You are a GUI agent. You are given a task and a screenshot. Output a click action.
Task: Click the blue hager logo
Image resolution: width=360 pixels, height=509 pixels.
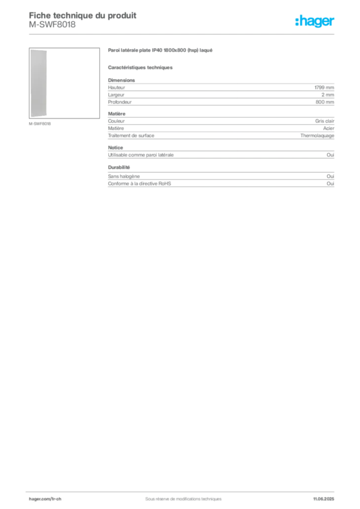click(x=315, y=22)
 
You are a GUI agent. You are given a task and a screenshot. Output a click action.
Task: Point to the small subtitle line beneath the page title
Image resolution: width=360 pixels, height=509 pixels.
click(x=52, y=29)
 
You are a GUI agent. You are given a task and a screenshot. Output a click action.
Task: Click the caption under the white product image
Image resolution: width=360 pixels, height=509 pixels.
click(x=40, y=123)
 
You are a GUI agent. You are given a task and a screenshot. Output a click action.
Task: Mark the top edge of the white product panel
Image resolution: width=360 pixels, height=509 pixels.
click(x=39, y=50)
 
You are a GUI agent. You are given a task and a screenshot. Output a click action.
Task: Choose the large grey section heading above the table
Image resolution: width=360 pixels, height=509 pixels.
click(x=161, y=51)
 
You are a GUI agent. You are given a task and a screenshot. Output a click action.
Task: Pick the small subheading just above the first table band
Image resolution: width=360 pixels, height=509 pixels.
click(x=141, y=67)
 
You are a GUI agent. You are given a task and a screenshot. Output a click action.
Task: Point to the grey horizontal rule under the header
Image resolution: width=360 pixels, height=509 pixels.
click(x=183, y=34)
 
